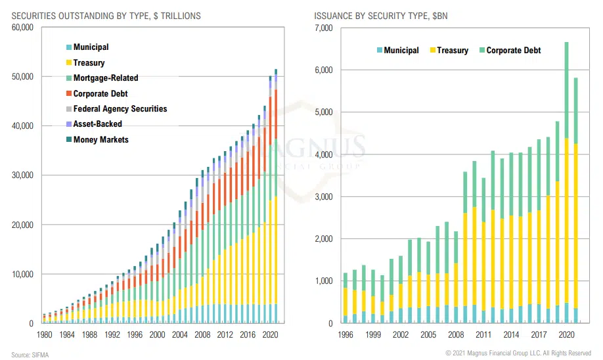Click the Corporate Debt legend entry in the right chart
tap(513, 50)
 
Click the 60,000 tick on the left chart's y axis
tap(23, 28)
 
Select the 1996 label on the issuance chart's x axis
tap(346, 334)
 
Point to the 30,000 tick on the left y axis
tap(23, 175)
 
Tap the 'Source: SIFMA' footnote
tap(30, 355)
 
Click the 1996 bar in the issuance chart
tap(346, 298)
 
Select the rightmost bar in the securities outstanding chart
tap(276, 196)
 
